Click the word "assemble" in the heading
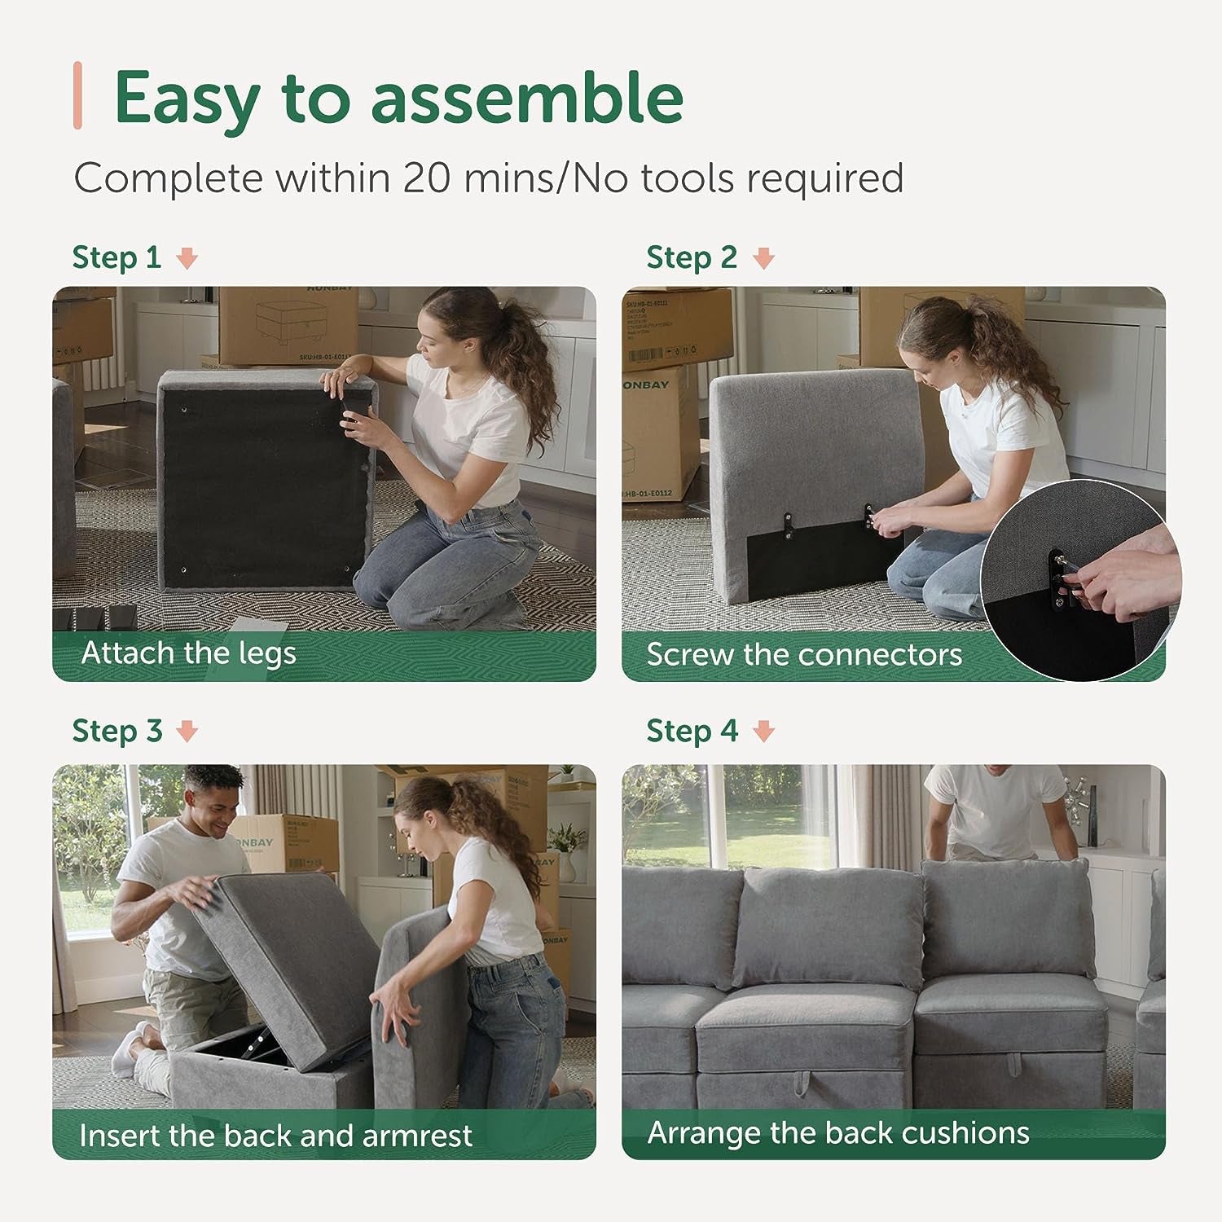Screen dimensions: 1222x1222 point(526,98)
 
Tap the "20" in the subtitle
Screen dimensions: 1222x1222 point(427,178)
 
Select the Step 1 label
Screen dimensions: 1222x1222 point(116,257)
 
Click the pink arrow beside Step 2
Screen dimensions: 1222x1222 point(763,259)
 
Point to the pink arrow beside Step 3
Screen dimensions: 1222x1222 point(187,732)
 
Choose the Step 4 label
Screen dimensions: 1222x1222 point(691,731)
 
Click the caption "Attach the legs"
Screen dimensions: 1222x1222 point(188,653)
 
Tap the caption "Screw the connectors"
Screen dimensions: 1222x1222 point(803,655)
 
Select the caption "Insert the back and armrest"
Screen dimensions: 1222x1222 point(275,1135)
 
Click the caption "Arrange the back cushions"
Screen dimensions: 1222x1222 point(837,1132)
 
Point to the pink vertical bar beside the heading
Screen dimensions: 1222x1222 point(77,95)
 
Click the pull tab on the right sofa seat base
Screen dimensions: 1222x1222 point(1015,1064)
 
